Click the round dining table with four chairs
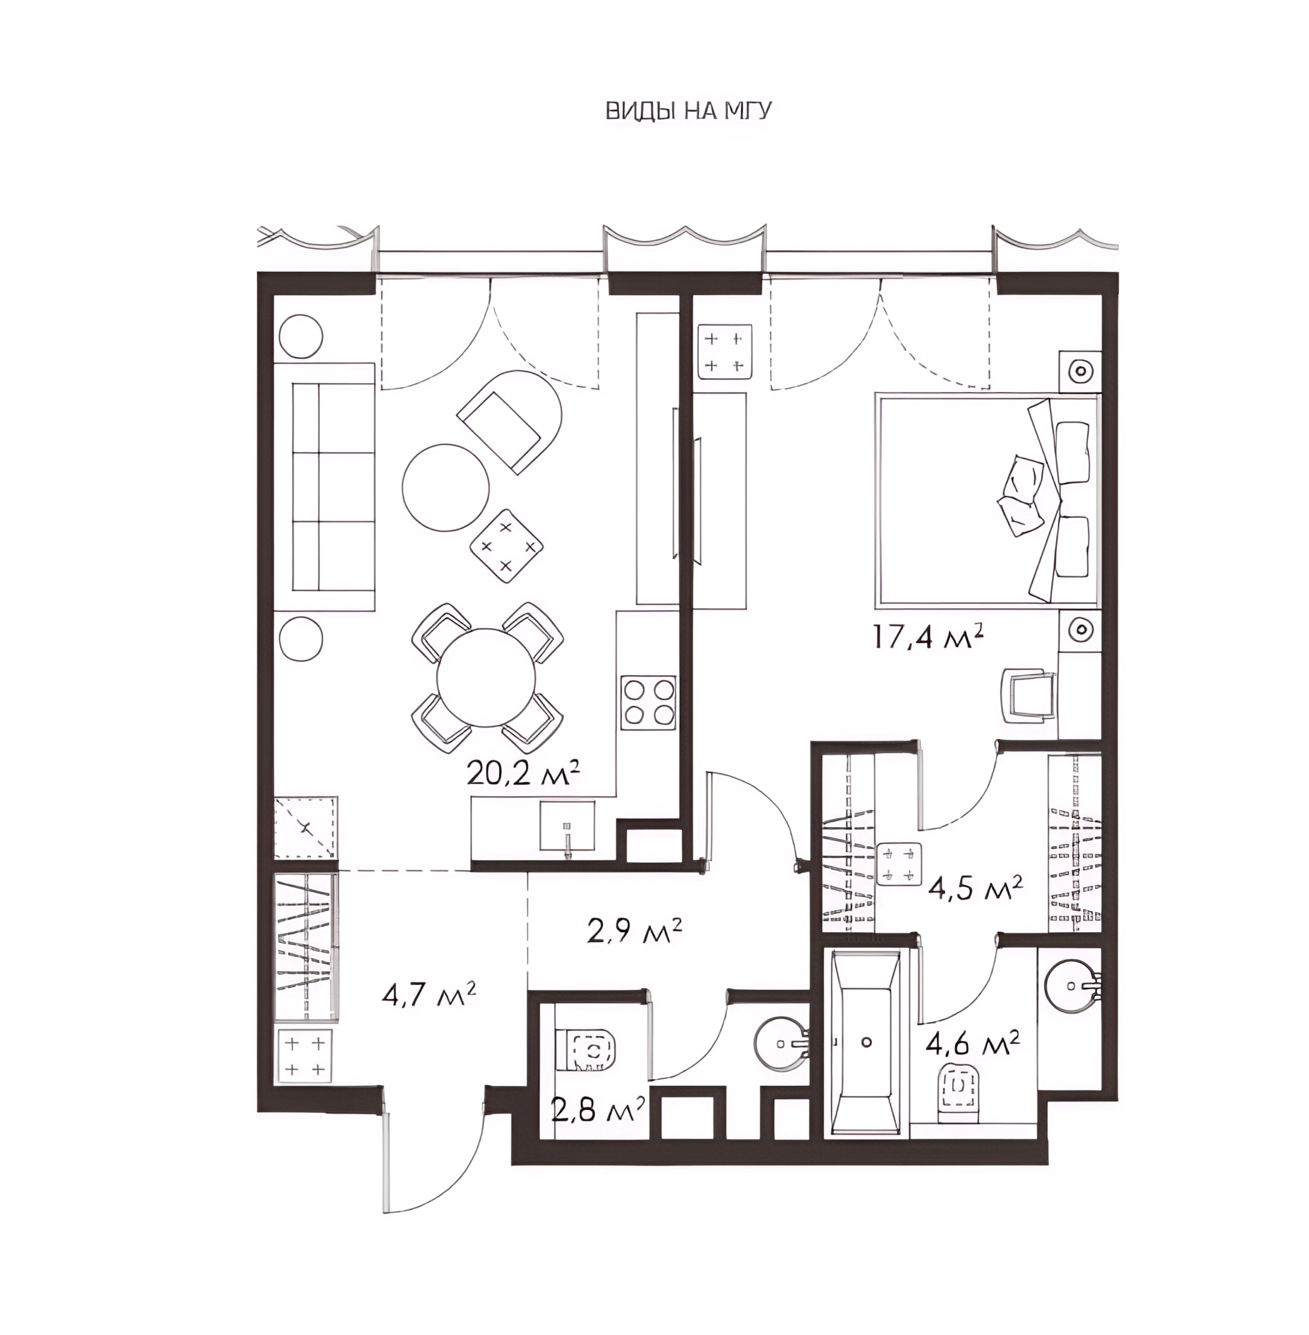(x=488, y=678)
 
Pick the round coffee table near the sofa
(x=446, y=487)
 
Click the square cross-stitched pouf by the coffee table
(x=506, y=546)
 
